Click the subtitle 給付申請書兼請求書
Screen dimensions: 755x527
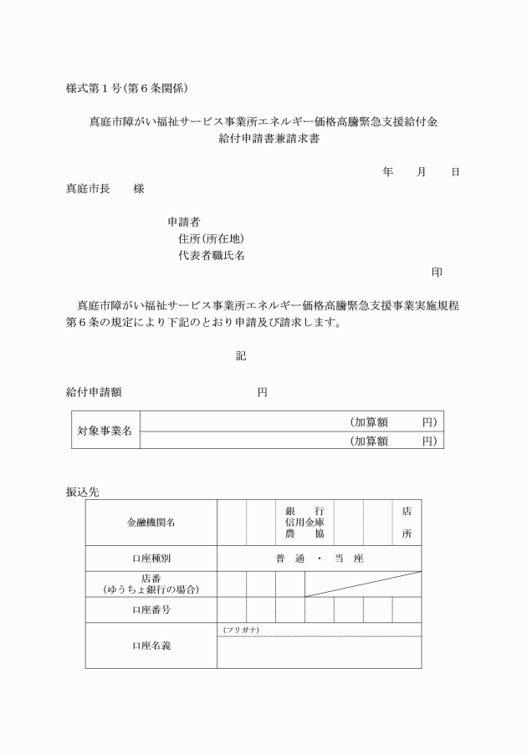pyautogui.click(x=263, y=140)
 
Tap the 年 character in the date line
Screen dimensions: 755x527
pyautogui.click(x=388, y=171)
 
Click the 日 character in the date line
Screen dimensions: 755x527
pyautogui.click(x=455, y=171)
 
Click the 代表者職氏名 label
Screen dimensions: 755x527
pyautogui.click(x=212, y=256)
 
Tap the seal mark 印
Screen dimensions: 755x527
pyautogui.click(x=437, y=273)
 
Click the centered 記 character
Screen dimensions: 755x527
pyautogui.click(x=241, y=356)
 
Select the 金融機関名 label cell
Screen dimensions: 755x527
pyautogui.click(x=151, y=523)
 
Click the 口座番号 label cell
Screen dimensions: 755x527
pyautogui.click(x=151, y=610)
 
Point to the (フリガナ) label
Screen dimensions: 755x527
pyautogui.click(x=241, y=629)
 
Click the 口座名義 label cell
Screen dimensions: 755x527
pyautogui.click(x=151, y=645)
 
